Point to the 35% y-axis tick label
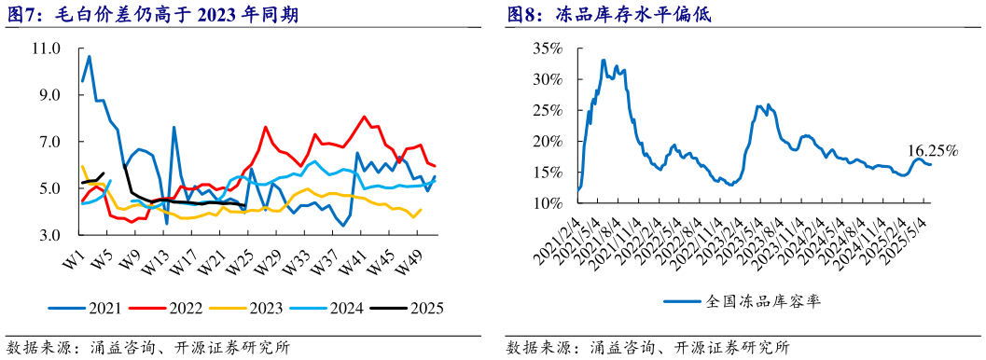(550, 48)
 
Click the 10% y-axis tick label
(550, 203)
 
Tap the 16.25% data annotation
(933, 149)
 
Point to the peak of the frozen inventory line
(604, 61)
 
